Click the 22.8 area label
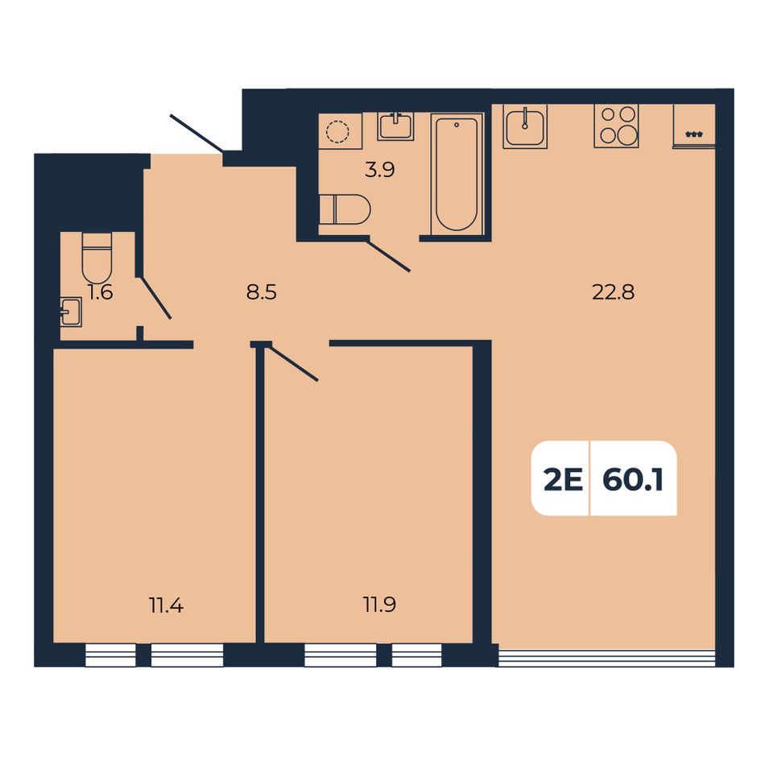point(613,292)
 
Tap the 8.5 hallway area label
point(262,293)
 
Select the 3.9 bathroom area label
point(379,170)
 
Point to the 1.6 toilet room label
point(101,292)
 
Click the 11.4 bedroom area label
point(167,606)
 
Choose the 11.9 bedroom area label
point(379,605)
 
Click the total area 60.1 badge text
point(633,481)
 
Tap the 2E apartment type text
point(564,481)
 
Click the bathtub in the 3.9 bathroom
point(457,174)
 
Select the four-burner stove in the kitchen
point(616,126)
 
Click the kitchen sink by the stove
point(525,126)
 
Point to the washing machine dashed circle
point(338,130)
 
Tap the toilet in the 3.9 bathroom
point(345,210)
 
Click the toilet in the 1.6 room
point(97,258)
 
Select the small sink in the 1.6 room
point(71,312)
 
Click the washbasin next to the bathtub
point(395,126)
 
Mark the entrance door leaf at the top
point(196,133)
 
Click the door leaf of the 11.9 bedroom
point(293,362)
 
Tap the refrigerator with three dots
point(694,126)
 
